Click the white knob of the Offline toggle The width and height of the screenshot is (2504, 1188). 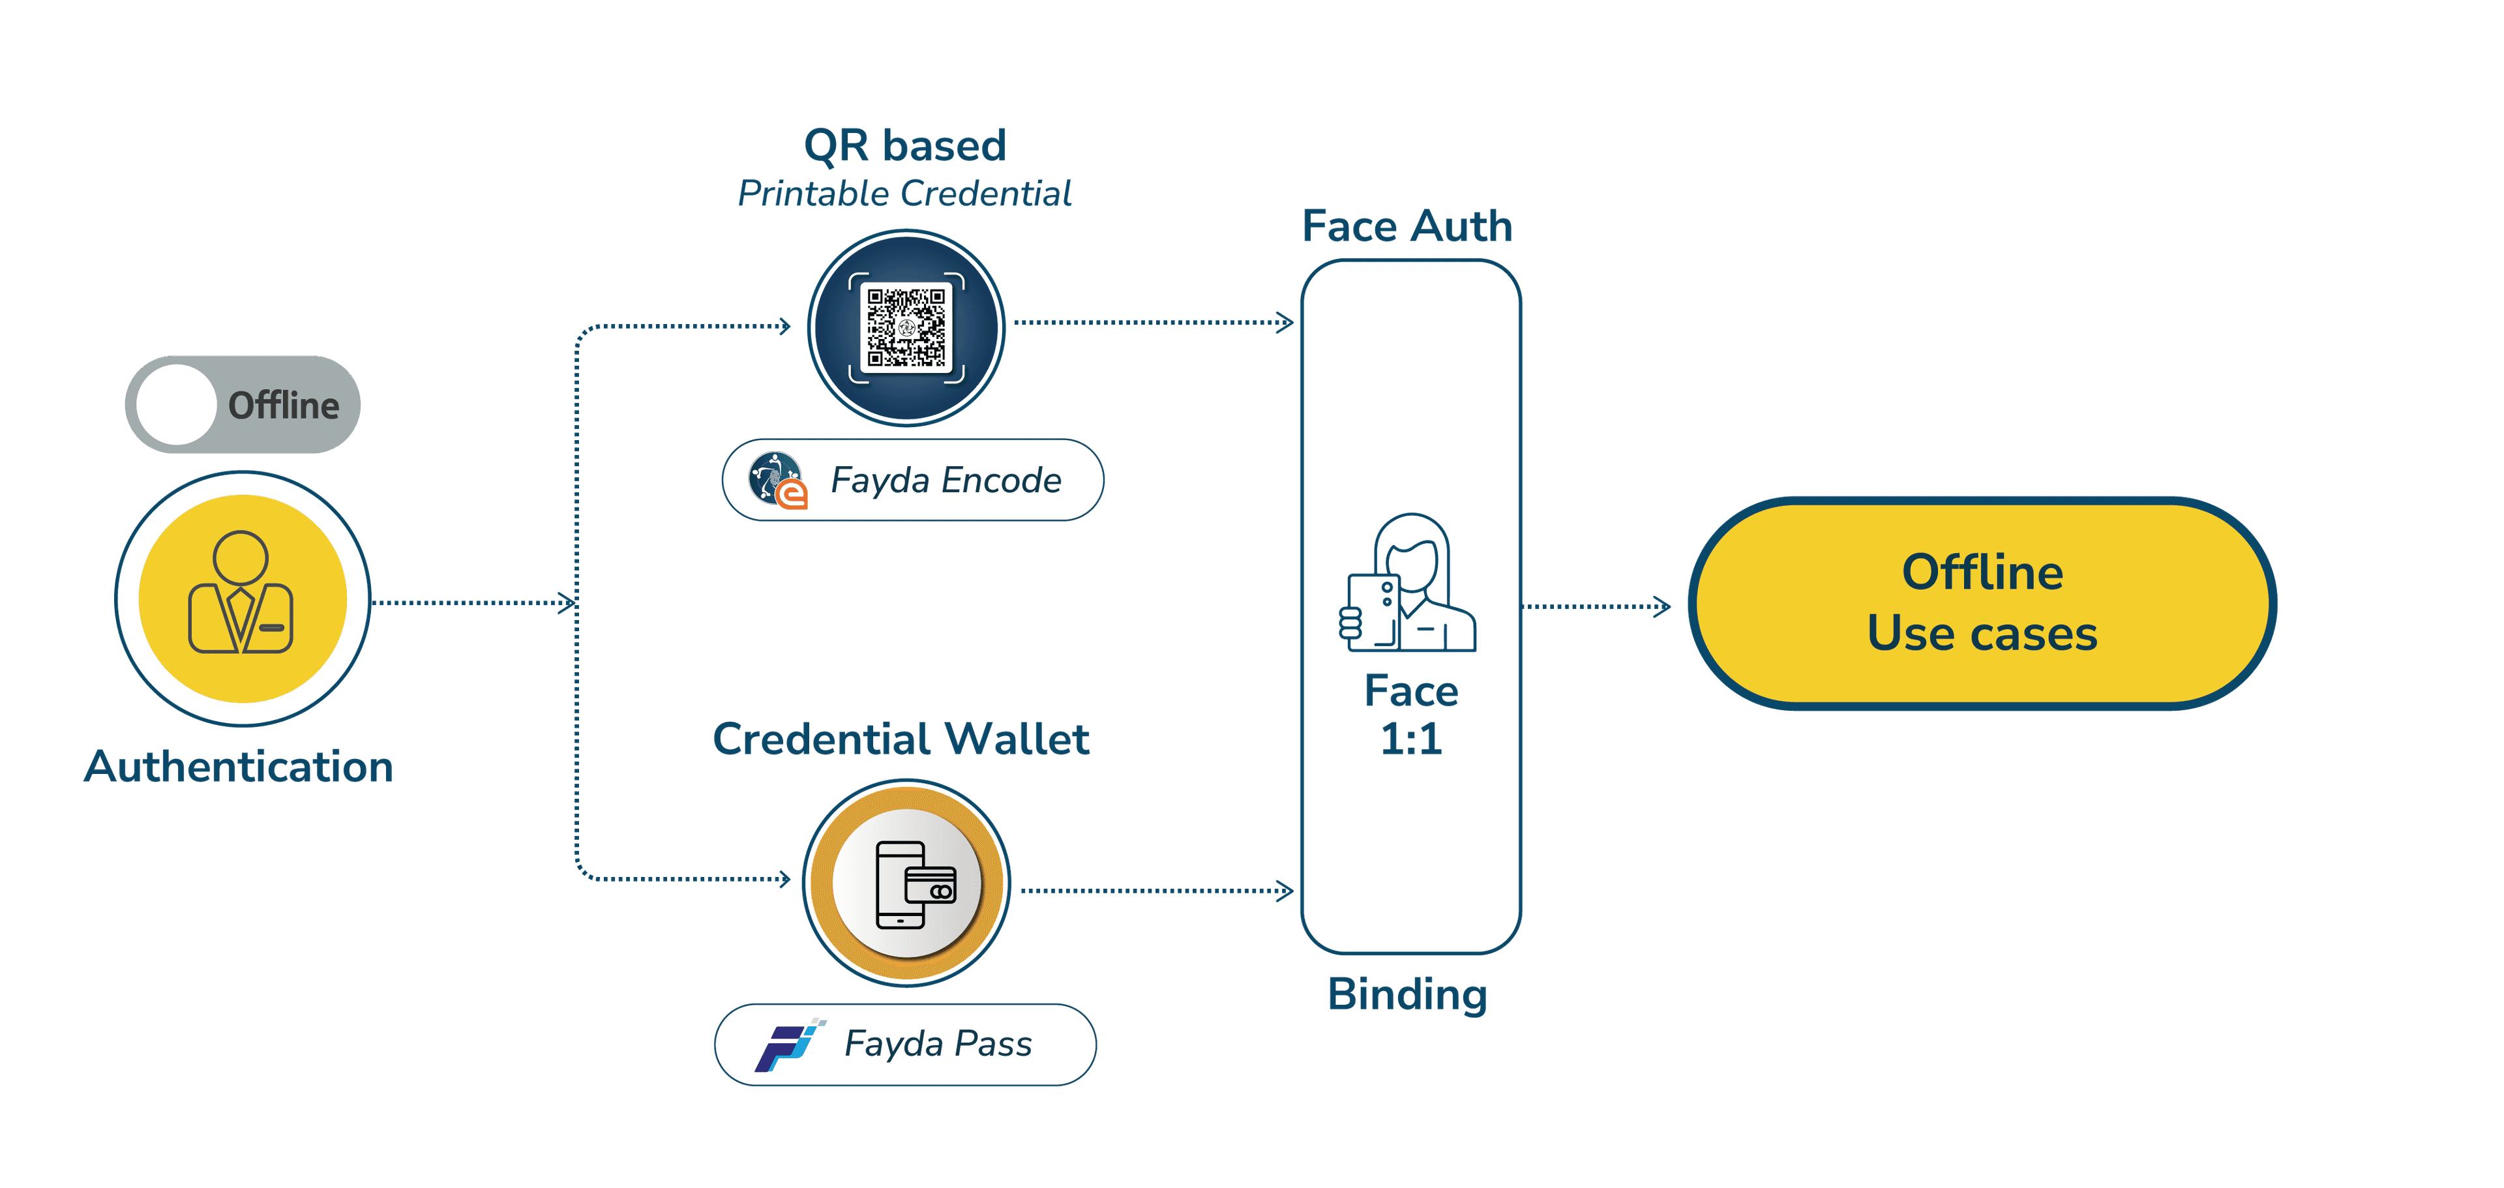176,404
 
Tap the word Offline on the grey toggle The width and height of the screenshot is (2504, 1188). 283,406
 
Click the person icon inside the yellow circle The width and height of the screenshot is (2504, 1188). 241,593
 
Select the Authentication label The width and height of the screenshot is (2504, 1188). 239,766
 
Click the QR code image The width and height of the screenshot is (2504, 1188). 906,327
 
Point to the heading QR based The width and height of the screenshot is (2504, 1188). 905,146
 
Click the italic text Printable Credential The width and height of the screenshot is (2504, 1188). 905,194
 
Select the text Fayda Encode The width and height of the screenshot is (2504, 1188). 945,481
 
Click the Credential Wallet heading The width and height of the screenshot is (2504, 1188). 901,739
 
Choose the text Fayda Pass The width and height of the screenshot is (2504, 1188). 938,1044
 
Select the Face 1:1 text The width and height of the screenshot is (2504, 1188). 1411,715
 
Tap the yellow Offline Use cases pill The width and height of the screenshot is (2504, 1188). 1982,602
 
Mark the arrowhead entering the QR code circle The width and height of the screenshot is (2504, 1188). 784,327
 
